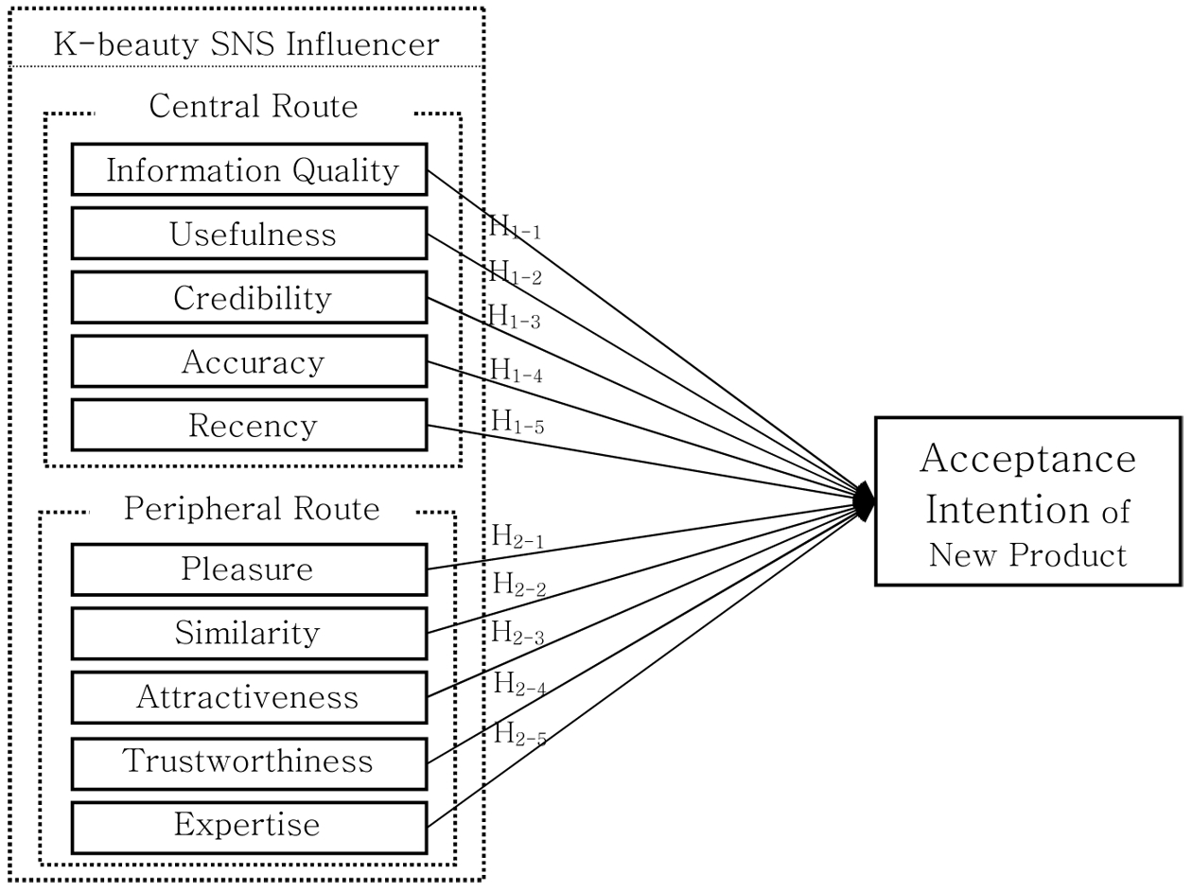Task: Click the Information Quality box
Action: [249, 169]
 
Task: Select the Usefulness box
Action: [249, 234]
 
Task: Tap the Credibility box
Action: [249, 298]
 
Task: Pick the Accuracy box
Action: [249, 361]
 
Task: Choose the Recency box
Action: [249, 426]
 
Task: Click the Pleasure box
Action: [249, 569]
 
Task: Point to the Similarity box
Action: [249, 633]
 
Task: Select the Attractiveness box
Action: [249, 697]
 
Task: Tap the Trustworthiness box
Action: [249, 761]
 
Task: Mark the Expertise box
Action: [249, 826]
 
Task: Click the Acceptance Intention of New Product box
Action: [1027, 501]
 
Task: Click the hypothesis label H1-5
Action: [517, 422]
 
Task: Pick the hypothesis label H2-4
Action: [519, 684]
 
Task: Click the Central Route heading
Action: [254, 107]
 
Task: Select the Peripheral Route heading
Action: [252, 510]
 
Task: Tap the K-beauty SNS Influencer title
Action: [246, 44]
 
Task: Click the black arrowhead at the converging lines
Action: [864, 501]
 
